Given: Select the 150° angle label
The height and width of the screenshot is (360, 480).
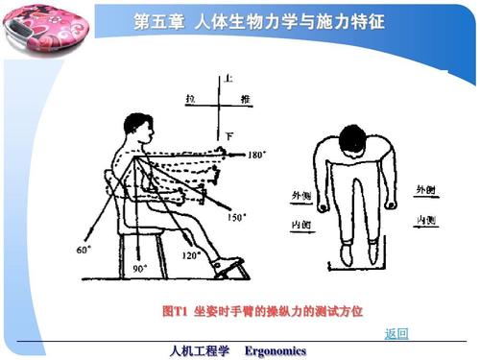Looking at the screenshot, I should [236, 217].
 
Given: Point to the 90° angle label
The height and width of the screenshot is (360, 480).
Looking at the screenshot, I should [140, 269].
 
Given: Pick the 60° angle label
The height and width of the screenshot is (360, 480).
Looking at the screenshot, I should [83, 249].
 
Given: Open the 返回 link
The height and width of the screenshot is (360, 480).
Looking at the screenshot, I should [396, 333].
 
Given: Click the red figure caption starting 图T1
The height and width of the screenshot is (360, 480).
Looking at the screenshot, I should [263, 311].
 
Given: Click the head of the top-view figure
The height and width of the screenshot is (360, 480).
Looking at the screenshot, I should [355, 143].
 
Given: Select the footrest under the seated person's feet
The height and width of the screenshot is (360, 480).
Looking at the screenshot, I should [230, 270].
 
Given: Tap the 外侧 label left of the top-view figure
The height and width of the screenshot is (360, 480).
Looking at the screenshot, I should [301, 195].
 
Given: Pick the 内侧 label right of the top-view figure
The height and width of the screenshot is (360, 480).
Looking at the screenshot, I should [427, 220].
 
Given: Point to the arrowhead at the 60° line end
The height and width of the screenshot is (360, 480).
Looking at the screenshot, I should [89, 239].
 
